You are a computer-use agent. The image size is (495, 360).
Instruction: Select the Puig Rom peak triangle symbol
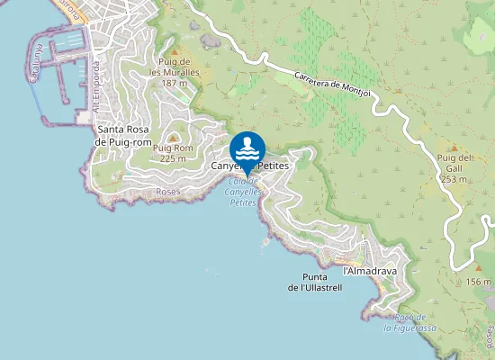[174, 137]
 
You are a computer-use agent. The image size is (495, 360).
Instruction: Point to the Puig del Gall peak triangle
[454, 147]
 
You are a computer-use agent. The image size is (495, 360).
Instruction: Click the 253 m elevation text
[453, 178]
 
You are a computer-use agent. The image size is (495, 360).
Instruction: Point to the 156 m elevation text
[479, 283]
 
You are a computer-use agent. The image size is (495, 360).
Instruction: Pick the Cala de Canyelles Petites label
[236, 192]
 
